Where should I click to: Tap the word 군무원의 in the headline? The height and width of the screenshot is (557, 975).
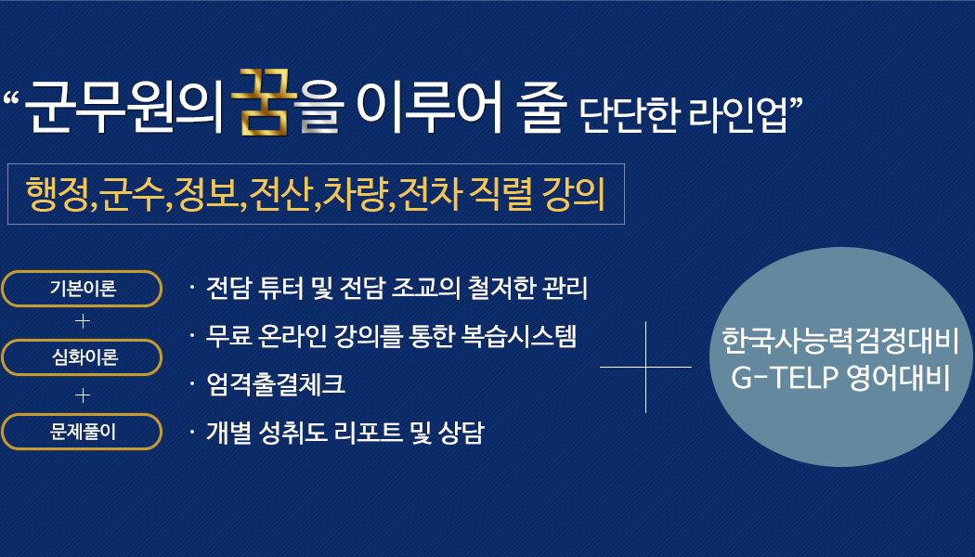tap(124, 107)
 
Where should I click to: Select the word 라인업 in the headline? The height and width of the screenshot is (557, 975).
tap(737, 115)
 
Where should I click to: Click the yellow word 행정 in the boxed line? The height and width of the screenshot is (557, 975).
tap(58, 194)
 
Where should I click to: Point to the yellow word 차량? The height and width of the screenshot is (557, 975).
tap(356, 194)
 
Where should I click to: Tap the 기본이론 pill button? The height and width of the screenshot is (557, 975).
tap(82, 289)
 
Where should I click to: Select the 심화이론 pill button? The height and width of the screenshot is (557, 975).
tap(82, 357)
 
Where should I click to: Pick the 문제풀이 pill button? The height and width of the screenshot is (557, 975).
tap(82, 432)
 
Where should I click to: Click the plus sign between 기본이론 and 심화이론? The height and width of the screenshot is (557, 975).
tap(82, 321)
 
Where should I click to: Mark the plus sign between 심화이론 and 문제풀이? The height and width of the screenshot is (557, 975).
tap(82, 395)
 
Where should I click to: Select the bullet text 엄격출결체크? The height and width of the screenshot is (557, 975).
tap(276, 383)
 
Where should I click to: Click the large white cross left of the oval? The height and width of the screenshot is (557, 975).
tap(646, 367)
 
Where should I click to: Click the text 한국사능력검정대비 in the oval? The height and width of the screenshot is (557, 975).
tap(840, 341)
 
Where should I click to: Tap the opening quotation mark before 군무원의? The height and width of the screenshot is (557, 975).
tap(11, 98)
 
